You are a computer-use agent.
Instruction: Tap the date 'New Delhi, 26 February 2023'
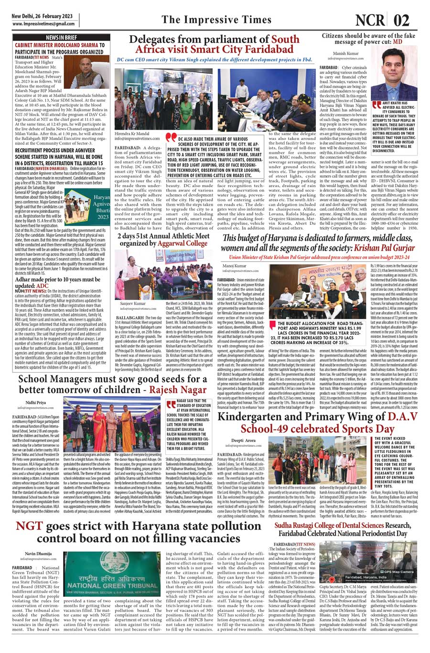pos(42,16)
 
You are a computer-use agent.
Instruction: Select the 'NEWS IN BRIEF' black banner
pos(61,37)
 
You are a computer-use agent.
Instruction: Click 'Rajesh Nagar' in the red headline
pos(178,390)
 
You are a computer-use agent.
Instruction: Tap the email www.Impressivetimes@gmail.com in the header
pos(43,23)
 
